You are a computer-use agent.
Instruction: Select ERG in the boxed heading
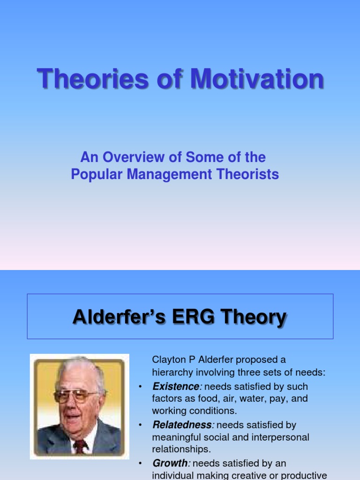(193, 317)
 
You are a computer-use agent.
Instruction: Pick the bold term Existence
(176, 387)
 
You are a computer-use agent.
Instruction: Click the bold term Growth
(170, 463)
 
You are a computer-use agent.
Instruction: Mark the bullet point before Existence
(141, 387)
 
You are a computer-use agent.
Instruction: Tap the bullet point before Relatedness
(141, 425)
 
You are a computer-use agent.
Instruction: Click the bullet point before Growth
(141, 463)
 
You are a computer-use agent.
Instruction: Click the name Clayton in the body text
(167, 360)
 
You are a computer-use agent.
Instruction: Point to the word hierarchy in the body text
(171, 373)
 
